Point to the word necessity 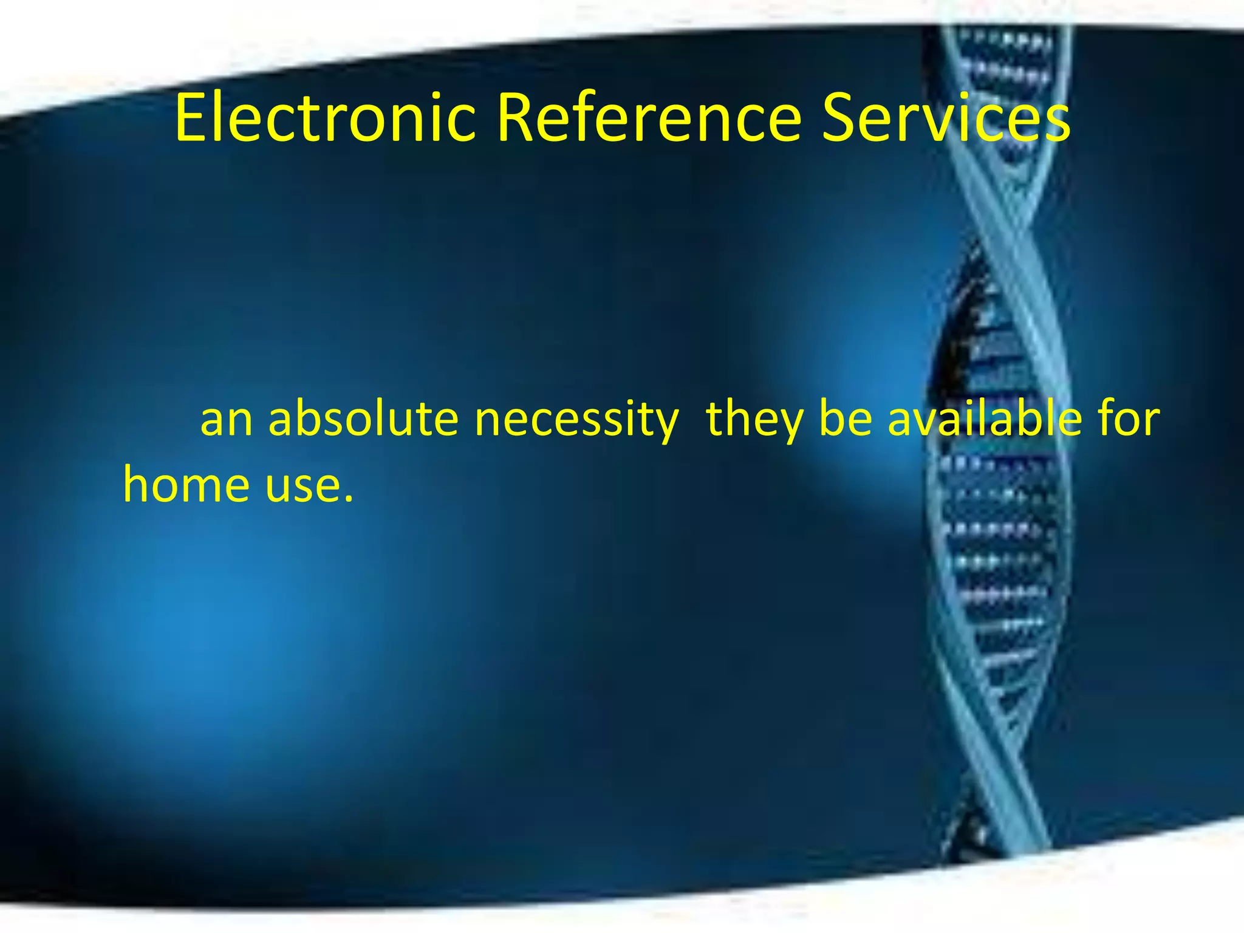[x=576, y=420]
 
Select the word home [x=186, y=485]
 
